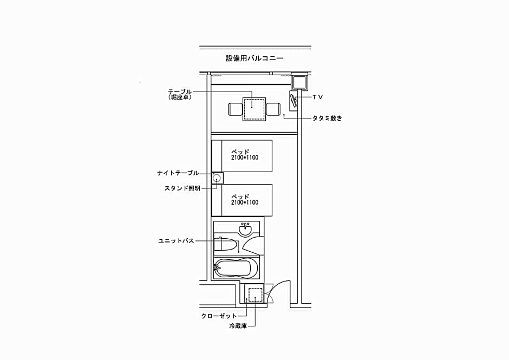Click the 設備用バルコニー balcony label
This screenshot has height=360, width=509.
coord(255,58)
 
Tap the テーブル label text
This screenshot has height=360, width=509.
coord(180,91)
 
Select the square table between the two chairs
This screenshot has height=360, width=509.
coord(254,109)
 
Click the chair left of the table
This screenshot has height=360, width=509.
coord(236,109)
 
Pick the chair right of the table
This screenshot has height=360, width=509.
coord(273,109)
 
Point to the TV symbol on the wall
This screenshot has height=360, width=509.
coord(294,101)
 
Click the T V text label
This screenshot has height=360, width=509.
coord(317,97)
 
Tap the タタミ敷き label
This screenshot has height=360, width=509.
coord(327,118)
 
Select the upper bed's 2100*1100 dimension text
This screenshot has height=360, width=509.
coord(245,158)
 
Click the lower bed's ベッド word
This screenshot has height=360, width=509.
coord(240,197)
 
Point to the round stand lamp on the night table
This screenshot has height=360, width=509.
coord(217,178)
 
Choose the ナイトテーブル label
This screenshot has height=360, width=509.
coord(178,173)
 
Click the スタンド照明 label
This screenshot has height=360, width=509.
coord(182,188)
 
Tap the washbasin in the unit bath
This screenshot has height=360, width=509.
coord(245,230)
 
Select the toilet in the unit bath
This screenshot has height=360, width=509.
coord(225,244)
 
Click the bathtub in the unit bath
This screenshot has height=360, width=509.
coord(236,268)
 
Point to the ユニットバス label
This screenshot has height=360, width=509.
coord(176,241)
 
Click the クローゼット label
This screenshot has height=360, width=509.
coord(219,316)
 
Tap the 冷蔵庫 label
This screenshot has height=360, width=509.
coord(238,326)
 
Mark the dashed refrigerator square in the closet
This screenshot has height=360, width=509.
coord(255,294)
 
